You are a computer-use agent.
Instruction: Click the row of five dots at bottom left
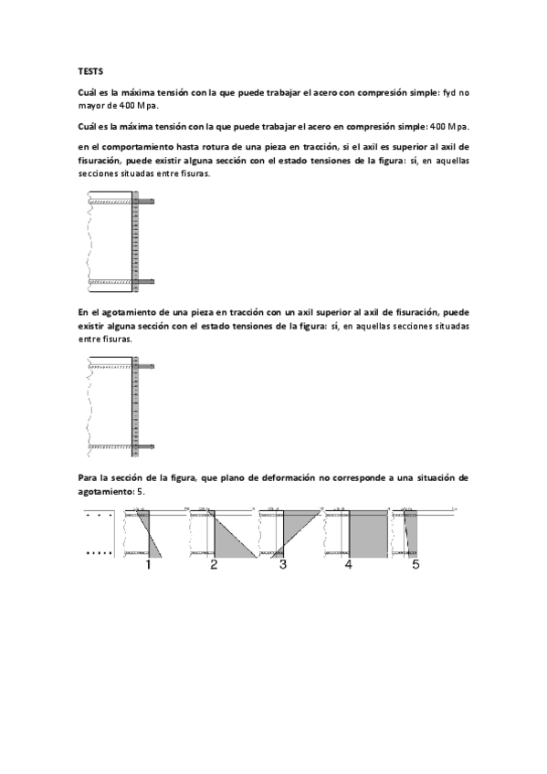98,554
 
